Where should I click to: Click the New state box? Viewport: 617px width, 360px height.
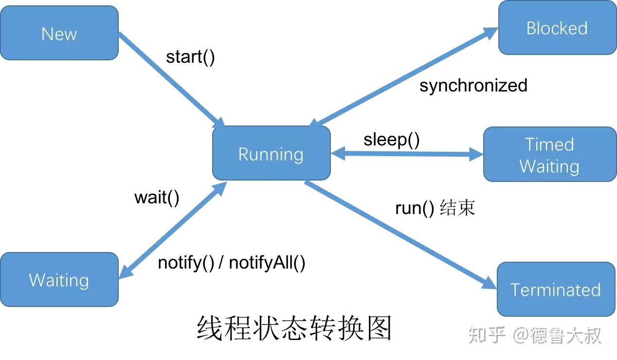59,34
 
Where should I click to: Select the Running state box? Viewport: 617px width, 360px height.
271,154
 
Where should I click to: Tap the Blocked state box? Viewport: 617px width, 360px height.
557,28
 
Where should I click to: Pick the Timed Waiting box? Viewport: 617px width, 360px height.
549,155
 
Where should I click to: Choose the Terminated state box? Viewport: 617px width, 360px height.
556,289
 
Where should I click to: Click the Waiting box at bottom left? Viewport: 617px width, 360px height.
59,280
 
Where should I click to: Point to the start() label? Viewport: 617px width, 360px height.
190,57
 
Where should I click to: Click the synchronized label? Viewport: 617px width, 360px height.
473,86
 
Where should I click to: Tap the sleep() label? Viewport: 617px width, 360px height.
391,140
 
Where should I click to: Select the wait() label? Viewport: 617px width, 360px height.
157,198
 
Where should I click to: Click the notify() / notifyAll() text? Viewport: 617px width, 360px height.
232,263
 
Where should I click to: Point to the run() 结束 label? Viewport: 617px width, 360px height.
435,208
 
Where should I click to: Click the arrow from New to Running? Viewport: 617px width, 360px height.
170,79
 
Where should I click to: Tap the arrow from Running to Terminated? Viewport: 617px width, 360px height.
399,234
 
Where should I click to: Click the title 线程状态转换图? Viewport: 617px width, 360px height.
294,328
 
